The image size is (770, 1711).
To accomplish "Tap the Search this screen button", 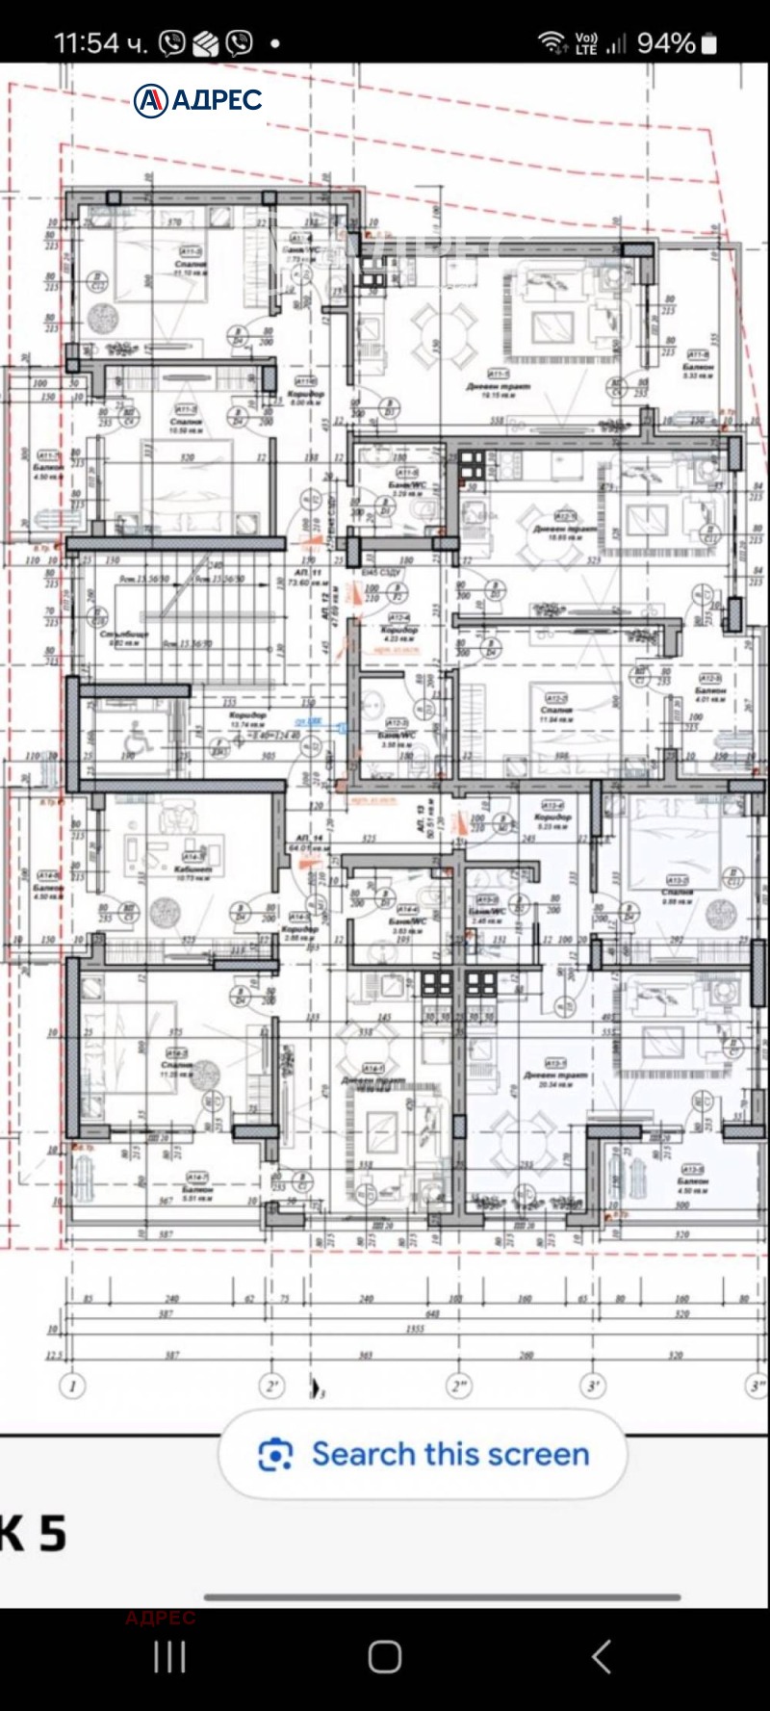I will pos(423,1454).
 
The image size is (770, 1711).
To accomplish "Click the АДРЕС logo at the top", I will pos(198,100).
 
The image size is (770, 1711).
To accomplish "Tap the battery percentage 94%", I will pos(665,43).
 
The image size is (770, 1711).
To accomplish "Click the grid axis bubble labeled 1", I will pos(71,1386).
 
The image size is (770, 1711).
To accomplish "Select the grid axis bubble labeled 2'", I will pos(271,1386).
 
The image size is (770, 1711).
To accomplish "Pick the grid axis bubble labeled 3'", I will pos(594,1386).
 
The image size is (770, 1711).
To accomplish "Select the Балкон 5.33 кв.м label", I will pos(698,371).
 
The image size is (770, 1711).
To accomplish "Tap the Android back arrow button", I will pos(601,1657).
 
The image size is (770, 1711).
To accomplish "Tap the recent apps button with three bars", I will pos(169,1657).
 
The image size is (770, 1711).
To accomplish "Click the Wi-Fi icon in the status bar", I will pos(552,42).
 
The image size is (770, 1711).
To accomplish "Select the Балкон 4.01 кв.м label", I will pos(710,695).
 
